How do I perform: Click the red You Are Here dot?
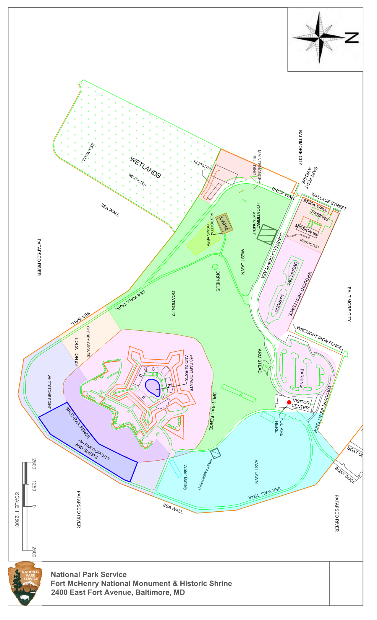click(x=289, y=402)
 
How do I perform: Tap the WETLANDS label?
click(x=145, y=167)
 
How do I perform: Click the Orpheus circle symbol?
click(x=215, y=267)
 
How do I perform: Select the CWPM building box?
click(x=224, y=223)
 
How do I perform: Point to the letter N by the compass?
click(x=352, y=38)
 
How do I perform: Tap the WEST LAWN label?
click(x=243, y=262)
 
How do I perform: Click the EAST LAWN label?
click(x=257, y=471)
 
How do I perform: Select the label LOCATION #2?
click(x=173, y=302)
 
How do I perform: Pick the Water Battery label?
click(x=185, y=477)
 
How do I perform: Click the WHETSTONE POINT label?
click(x=49, y=392)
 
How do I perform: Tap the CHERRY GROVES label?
click(x=88, y=342)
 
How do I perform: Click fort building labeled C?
click(x=153, y=369)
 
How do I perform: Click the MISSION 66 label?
click(x=306, y=230)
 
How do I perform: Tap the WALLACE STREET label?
click(x=329, y=201)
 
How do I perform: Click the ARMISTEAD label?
click(x=260, y=361)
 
